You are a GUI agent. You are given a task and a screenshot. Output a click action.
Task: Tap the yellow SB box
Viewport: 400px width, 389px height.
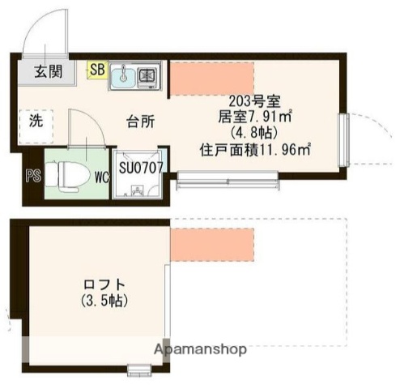(96, 70)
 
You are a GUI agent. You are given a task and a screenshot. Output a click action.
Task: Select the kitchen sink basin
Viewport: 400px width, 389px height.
(124, 75)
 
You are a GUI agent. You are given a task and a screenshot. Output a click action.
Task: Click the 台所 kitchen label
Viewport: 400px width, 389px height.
(139, 122)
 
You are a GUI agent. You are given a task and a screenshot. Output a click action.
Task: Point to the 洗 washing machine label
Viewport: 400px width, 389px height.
(36, 122)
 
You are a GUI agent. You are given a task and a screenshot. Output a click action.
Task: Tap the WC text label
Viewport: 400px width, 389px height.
(102, 173)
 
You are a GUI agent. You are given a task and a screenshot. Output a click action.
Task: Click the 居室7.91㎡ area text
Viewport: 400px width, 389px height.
(255, 118)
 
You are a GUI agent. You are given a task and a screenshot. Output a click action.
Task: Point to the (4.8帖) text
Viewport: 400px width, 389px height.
(254, 134)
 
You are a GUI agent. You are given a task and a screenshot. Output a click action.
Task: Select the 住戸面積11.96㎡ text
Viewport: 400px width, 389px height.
(256, 149)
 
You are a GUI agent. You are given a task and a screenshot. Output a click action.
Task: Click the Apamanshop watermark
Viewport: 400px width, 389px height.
(201, 349)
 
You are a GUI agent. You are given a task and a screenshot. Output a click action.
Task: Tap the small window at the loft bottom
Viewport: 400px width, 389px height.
(140, 372)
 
